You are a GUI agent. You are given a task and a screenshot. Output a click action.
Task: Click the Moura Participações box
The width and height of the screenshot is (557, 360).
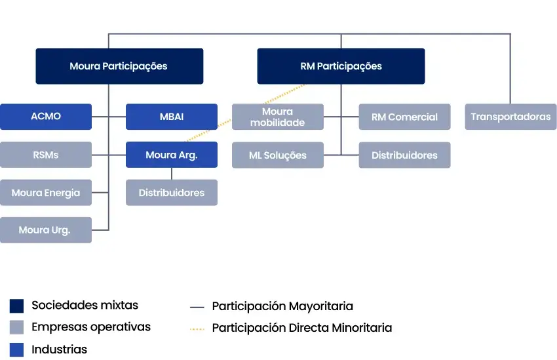click(119, 66)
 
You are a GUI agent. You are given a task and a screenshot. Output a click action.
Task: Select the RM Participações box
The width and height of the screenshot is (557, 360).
click(341, 66)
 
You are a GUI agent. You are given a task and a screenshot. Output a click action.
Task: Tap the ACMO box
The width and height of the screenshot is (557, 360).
click(46, 117)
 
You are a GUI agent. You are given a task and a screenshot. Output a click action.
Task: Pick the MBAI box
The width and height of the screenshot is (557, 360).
click(172, 117)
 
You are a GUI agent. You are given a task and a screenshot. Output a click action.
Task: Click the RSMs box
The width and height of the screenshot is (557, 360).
click(46, 155)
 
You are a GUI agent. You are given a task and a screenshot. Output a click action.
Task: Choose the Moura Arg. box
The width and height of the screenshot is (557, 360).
click(172, 155)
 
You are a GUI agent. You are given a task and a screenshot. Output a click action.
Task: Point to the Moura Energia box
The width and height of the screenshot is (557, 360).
click(46, 193)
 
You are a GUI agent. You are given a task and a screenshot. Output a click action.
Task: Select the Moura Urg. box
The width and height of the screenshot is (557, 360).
click(46, 230)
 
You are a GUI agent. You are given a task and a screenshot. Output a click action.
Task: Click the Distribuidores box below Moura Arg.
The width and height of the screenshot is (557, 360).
click(172, 193)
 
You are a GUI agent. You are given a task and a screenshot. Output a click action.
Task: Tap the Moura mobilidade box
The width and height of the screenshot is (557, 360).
click(278, 117)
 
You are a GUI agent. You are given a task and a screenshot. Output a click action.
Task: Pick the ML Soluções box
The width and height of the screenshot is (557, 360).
click(278, 155)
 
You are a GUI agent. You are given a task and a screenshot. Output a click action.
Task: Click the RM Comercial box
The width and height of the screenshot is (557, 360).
click(404, 117)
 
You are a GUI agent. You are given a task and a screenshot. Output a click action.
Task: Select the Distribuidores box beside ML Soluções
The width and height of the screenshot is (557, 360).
click(404, 155)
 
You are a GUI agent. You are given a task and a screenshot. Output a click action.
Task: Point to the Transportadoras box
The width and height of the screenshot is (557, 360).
click(510, 117)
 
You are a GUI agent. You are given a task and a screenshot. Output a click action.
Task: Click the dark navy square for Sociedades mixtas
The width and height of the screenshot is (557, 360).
click(17, 306)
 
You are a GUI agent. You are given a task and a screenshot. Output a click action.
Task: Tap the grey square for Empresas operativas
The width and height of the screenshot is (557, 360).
click(17, 327)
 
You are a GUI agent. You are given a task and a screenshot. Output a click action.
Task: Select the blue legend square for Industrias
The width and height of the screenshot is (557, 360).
click(17, 350)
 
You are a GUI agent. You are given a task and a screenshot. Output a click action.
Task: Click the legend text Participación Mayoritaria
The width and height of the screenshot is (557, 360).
click(282, 306)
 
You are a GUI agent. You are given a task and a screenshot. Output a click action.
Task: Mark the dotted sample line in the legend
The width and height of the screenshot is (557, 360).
click(197, 328)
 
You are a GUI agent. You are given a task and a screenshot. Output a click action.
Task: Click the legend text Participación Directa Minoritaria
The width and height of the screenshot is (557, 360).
click(301, 328)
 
